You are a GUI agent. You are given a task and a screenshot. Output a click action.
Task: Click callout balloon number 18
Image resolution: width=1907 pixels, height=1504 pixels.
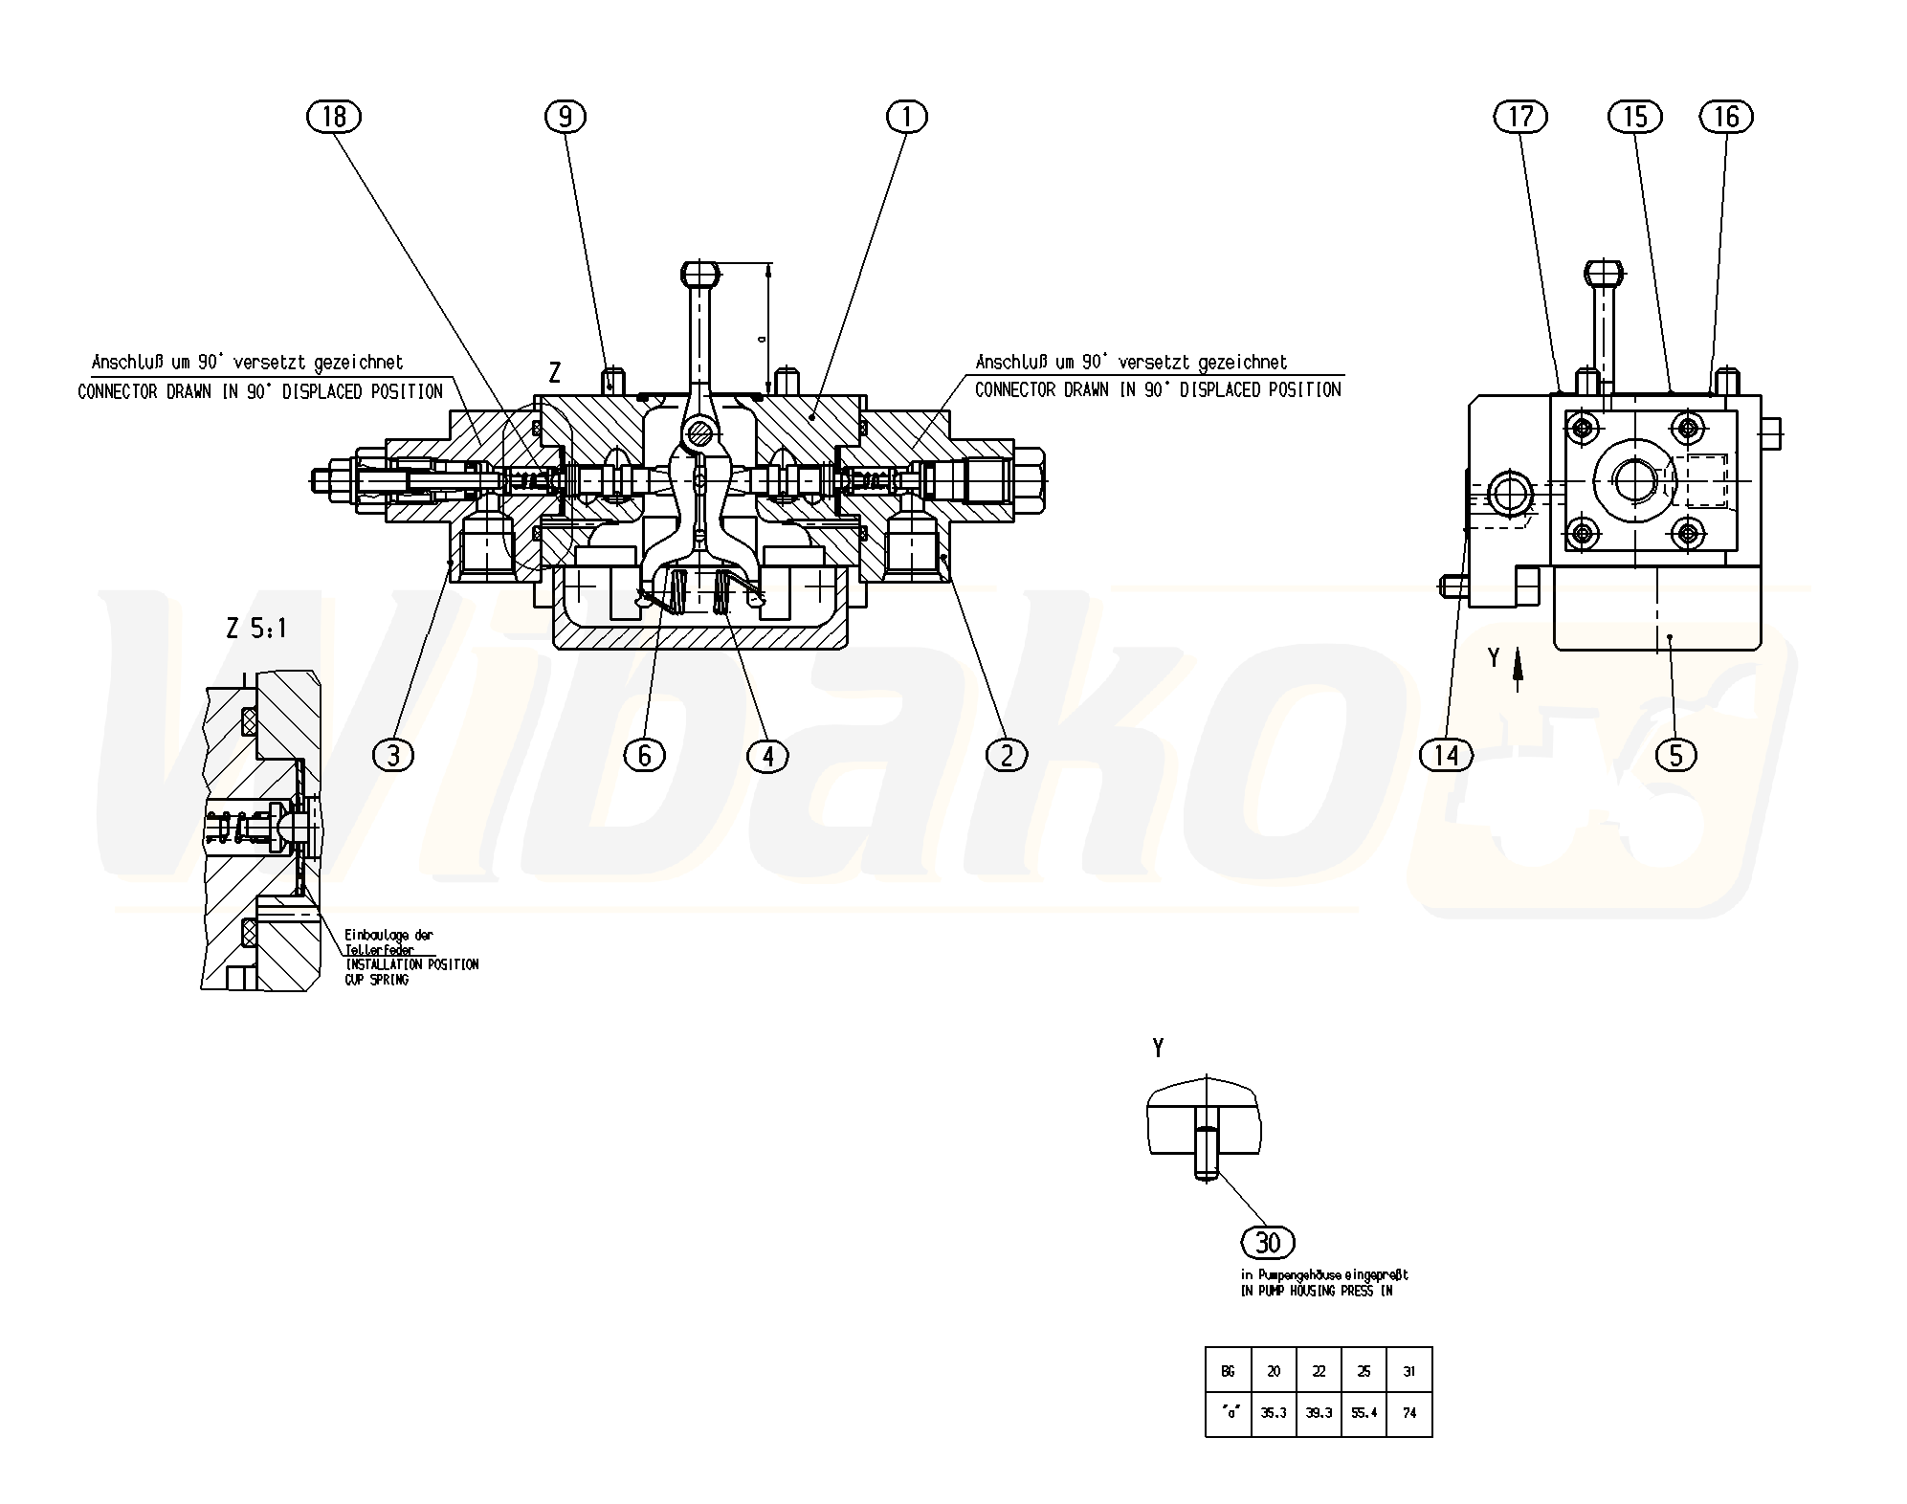[334, 117]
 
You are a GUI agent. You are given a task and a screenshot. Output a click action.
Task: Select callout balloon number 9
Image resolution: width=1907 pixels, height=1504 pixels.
[565, 117]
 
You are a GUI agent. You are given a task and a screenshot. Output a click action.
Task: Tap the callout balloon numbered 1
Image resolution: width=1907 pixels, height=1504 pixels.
[907, 117]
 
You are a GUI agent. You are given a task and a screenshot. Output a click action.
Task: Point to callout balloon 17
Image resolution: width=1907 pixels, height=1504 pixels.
[1520, 117]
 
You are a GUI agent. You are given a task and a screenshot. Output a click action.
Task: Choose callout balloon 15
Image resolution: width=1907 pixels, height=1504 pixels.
[1635, 117]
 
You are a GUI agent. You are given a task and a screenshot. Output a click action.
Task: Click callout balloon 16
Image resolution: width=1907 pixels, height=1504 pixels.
[1725, 117]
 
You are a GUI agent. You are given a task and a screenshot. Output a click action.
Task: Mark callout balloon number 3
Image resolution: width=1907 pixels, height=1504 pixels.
[393, 755]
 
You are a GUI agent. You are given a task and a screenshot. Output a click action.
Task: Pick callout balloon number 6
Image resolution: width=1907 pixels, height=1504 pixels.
[644, 755]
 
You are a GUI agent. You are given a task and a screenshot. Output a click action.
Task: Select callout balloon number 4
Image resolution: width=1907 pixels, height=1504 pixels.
[767, 755]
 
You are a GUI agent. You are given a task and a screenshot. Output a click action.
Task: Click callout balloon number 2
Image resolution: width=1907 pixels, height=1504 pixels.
[1006, 755]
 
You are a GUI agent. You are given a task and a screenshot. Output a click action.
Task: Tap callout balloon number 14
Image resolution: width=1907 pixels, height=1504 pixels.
[1447, 755]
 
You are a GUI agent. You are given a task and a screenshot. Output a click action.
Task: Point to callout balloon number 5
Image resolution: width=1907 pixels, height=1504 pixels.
[1675, 755]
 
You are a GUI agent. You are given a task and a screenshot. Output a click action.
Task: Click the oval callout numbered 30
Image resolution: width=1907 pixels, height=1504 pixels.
[1268, 1243]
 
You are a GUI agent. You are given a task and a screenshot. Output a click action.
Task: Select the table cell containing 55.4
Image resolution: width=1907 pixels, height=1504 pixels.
[1364, 1412]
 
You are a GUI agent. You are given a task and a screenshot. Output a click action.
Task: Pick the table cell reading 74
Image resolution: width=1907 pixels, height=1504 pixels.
[1409, 1412]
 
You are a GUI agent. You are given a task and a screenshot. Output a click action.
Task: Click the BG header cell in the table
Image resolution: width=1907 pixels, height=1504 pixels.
[1228, 1371]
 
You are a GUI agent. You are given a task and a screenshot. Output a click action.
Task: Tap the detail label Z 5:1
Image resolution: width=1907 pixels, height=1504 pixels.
[255, 629]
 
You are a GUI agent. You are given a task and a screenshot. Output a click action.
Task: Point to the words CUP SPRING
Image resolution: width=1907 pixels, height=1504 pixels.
[376, 981]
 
